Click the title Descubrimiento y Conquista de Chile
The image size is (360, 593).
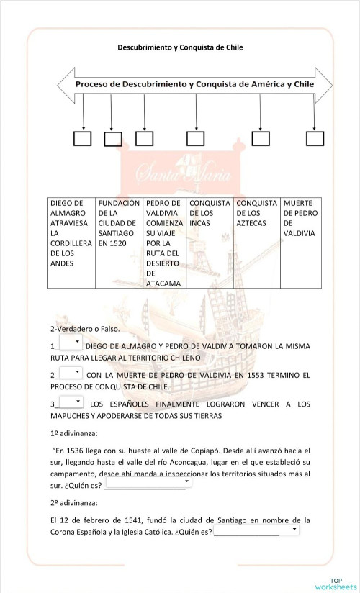click(x=181, y=47)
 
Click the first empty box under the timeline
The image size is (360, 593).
click(x=83, y=137)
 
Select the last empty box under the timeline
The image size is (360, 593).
click(x=315, y=137)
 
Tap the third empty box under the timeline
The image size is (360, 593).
click(x=145, y=137)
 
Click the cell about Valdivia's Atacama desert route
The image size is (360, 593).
click(x=164, y=243)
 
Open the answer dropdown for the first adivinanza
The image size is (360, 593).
click(x=148, y=483)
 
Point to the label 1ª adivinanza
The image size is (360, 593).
click(x=74, y=433)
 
